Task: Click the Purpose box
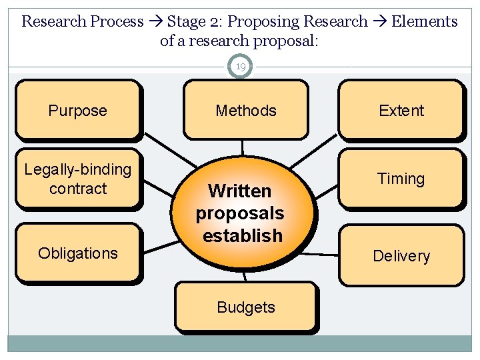(x=77, y=111)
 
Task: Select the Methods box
(x=245, y=111)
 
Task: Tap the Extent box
(x=401, y=111)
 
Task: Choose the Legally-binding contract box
(x=77, y=179)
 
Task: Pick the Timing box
(x=401, y=179)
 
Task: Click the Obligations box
(x=77, y=253)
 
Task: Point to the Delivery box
(x=401, y=256)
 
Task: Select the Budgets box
(x=245, y=307)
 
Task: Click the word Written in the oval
(x=240, y=191)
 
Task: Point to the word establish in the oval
(x=243, y=236)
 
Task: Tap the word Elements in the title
(x=425, y=21)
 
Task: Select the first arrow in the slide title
(x=155, y=21)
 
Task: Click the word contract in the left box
(x=78, y=189)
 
